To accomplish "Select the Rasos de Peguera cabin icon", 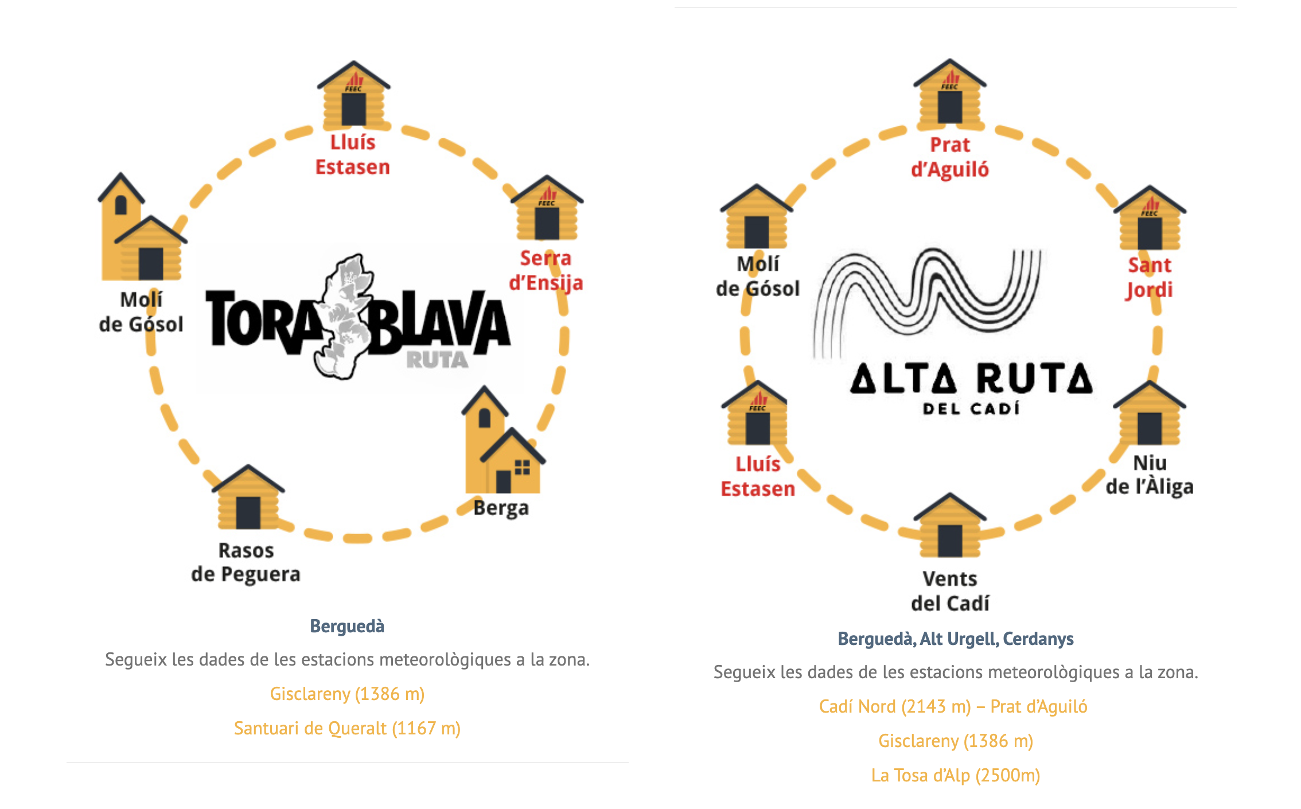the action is tap(248, 497).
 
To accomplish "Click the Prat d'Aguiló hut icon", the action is tap(950, 92).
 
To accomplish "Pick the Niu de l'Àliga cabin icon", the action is tap(1150, 413).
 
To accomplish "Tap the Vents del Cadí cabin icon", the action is tap(950, 525).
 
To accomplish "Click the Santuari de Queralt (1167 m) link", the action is tap(347, 728).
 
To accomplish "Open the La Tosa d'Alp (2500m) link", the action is tap(956, 775).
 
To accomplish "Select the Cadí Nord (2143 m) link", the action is tap(953, 706).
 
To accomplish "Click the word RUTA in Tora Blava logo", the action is tap(437, 360).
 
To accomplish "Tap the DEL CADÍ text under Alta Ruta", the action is tap(971, 408).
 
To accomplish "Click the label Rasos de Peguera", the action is tap(246, 562).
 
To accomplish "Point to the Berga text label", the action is tap(501, 508).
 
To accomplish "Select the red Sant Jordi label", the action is tap(1150, 278).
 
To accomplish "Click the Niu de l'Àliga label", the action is tap(1150, 475).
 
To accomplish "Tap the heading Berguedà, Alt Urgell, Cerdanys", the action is tap(956, 639).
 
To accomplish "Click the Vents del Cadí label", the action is tap(950, 591).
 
